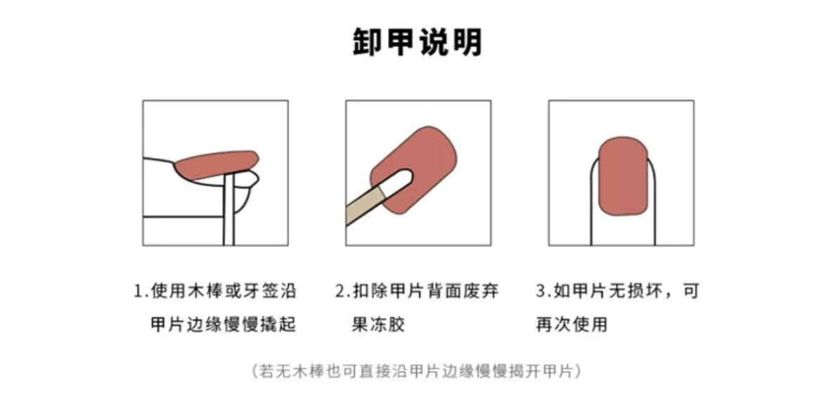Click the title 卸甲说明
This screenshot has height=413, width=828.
(x=418, y=42)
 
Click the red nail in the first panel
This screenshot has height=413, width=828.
(x=216, y=164)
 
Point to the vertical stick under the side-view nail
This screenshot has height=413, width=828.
(x=228, y=210)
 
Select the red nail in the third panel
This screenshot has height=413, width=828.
(x=623, y=177)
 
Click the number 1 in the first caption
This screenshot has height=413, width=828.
(x=139, y=291)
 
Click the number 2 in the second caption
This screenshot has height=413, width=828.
(x=341, y=291)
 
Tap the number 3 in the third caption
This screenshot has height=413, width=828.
(x=541, y=291)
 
